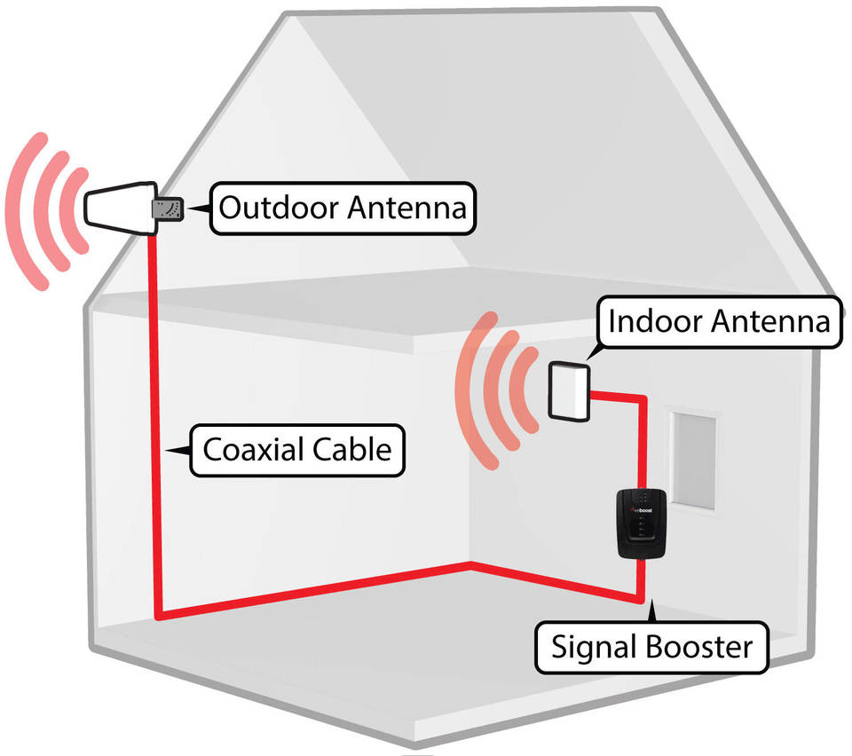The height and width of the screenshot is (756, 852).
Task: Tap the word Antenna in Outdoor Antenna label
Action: [x=406, y=209]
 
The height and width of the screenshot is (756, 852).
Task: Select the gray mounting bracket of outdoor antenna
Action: [x=167, y=209]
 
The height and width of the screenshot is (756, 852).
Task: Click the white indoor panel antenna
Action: [x=568, y=391]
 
